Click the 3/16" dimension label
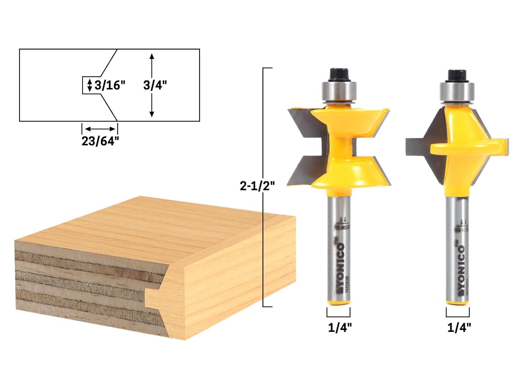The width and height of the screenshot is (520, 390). (x=110, y=85)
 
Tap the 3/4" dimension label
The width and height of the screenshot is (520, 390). (x=155, y=85)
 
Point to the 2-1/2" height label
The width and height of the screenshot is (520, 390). (x=257, y=186)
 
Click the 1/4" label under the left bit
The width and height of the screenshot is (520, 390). (x=340, y=328)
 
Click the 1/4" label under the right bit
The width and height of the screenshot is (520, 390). (x=459, y=328)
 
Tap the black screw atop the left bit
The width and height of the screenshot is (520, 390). (x=338, y=74)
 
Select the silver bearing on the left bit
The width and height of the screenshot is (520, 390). (x=338, y=90)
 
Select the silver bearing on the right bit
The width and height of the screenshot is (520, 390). (x=457, y=92)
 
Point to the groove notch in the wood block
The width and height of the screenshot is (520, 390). (x=153, y=297)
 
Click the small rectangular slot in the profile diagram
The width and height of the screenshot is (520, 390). (x=87, y=85)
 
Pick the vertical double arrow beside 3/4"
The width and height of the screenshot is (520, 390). (x=151, y=85)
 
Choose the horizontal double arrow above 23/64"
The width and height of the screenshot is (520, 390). (x=100, y=129)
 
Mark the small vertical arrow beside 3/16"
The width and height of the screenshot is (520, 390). (x=90, y=85)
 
